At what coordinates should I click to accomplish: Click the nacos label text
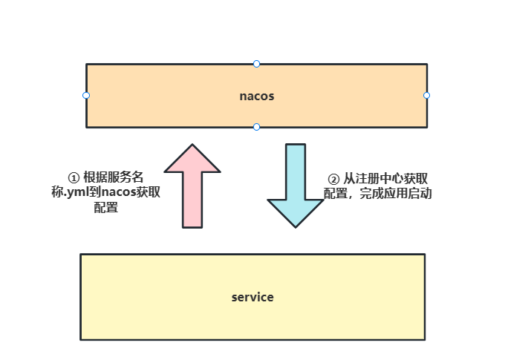coord(256,96)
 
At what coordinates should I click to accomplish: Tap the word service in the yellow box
coord(253,297)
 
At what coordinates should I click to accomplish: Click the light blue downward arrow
coord(296,186)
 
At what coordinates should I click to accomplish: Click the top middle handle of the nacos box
coord(256,64)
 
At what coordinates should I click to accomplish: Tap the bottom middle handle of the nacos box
coord(256,127)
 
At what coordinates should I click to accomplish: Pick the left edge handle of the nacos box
coord(86,95)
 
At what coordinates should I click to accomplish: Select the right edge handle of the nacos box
coord(426,95)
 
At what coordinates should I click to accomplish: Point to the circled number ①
coord(74,178)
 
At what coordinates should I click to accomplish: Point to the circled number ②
coord(333,179)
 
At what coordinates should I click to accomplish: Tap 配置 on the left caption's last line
coord(105,208)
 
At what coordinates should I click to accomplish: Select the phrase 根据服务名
coord(113,178)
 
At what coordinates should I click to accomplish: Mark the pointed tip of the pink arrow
coord(192,145)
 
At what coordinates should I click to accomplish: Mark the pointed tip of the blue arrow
coord(296,226)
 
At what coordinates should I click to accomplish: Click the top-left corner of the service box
coord(81,255)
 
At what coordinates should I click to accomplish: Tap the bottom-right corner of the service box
coord(424,339)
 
